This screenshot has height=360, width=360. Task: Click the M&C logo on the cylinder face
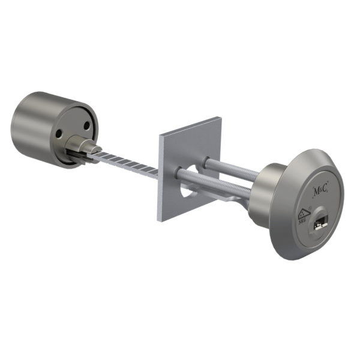coord(322,191)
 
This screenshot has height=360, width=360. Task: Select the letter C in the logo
coord(328,191)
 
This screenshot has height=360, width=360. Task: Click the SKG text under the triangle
coord(302,221)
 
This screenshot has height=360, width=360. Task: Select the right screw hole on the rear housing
coord(88,126)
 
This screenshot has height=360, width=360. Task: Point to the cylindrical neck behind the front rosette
coord(264,192)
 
